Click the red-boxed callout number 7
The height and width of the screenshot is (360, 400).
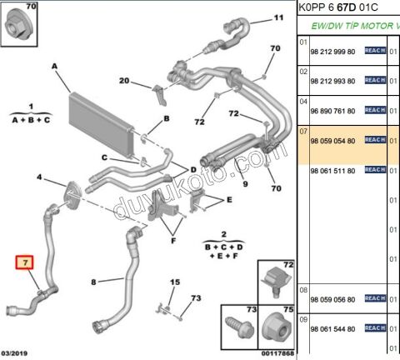tap(26, 263)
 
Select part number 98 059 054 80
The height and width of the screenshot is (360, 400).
tap(332, 140)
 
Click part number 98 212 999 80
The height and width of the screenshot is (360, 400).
tap(332, 51)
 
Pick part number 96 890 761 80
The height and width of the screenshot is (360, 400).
tap(332, 110)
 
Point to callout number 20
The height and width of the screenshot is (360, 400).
tap(124, 81)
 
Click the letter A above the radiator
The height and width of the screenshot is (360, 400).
tap(54, 66)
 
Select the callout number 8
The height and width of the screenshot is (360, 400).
tap(93, 282)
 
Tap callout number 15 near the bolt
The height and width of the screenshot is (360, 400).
tap(173, 283)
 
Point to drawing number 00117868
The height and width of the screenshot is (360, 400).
tap(276, 354)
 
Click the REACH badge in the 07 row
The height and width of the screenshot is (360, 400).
tap(375, 140)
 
